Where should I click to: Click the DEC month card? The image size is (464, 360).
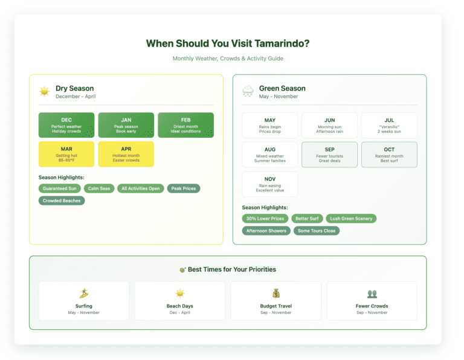pyautogui.click(x=66, y=125)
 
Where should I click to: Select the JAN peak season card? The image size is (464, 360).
pyautogui.click(x=126, y=125)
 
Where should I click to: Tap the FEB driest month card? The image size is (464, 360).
pyautogui.click(x=185, y=125)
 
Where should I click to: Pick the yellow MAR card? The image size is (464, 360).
pyautogui.click(x=66, y=154)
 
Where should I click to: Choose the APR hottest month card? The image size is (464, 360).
pyautogui.click(x=126, y=154)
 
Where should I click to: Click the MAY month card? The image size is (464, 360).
pyautogui.click(x=269, y=125)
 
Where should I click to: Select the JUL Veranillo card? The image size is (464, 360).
pyautogui.click(x=389, y=125)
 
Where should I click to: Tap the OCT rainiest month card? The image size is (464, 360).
pyautogui.click(x=389, y=155)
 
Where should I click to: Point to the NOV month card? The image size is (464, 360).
pyautogui.click(x=269, y=184)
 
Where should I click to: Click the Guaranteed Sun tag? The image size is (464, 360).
pyautogui.click(x=60, y=188)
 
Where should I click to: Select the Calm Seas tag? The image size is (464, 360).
pyautogui.click(x=99, y=188)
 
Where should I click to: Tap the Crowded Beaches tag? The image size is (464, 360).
pyautogui.click(x=62, y=201)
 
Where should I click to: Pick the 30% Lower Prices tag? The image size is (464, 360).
pyautogui.click(x=265, y=218)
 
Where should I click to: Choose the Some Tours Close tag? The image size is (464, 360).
pyautogui.click(x=317, y=231)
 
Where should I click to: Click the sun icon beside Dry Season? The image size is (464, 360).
pyautogui.click(x=44, y=92)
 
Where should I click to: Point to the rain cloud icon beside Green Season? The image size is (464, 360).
pyautogui.click(x=248, y=92)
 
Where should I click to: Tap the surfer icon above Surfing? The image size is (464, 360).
pyautogui.click(x=84, y=294)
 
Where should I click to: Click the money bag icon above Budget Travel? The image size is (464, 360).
pyautogui.click(x=276, y=294)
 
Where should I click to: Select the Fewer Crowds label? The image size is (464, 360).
pyautogui.click(x=372, y=306)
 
